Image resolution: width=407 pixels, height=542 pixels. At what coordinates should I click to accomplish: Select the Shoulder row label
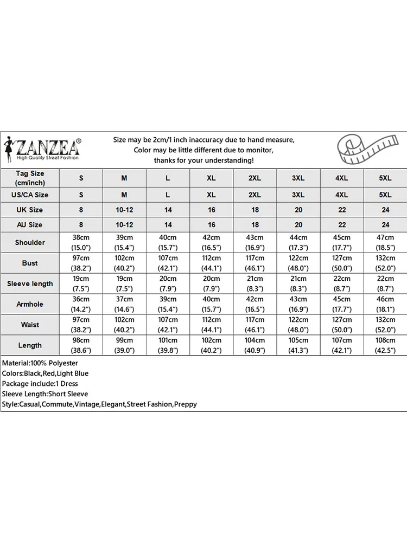click(x=30, y=242)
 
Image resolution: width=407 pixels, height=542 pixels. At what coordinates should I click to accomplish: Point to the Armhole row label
click(x=30, y=304)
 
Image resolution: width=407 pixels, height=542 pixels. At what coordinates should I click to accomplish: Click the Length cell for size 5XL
click(x=385, y=345)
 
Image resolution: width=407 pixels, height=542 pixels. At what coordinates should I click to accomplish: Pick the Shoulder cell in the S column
click(x=81, y=242)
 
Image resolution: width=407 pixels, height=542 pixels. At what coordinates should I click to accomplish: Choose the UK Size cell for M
click(x=124, y=210)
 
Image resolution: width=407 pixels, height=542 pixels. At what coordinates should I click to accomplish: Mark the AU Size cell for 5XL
click(x=385, y=224)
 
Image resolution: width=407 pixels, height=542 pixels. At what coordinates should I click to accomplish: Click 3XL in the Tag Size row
click(x=298, y=178)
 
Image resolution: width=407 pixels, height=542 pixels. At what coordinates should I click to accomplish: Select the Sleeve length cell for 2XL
click(x=255, y=283)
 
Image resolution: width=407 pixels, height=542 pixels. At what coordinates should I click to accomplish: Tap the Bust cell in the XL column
click(x=211, y=263)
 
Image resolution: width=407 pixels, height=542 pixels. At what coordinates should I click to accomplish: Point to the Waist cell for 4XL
click(x=342, y=325)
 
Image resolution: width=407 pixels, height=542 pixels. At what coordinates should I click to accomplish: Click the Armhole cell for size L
click(x=168, y=304)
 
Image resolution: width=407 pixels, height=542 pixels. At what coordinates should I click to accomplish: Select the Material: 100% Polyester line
click(x=40, y=363)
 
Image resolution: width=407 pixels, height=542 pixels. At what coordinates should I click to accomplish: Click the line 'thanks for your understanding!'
click(x=203, y=160)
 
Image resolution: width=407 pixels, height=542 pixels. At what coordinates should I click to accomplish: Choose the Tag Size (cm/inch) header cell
click(x=30, y=178)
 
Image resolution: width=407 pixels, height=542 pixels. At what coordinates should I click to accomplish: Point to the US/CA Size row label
click(x=30, y=195)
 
